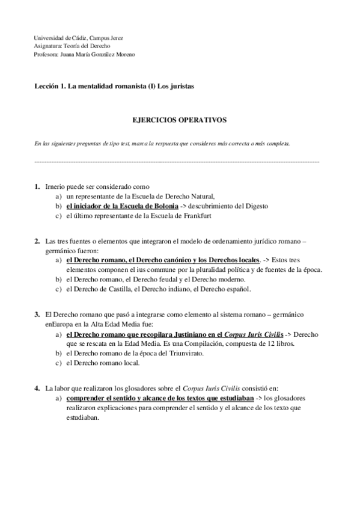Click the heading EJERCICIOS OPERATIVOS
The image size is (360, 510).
pyautogui.click(x=179, y=120)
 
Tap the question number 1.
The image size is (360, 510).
pyautogui.click(x=37, y=186)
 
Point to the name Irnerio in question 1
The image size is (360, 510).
pyautogui.click(x=56, y=186)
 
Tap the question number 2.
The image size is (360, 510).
pyautogui.click(x=37, y=241)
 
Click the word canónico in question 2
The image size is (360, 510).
pyautogui.click(x=171, y=260)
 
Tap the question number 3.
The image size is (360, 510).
pyautogui.click(x=37, y=314)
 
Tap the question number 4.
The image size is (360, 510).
pyautogui.click(x=37, y=387)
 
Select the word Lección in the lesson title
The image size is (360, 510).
pyautogui.click(x=47, y=87)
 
